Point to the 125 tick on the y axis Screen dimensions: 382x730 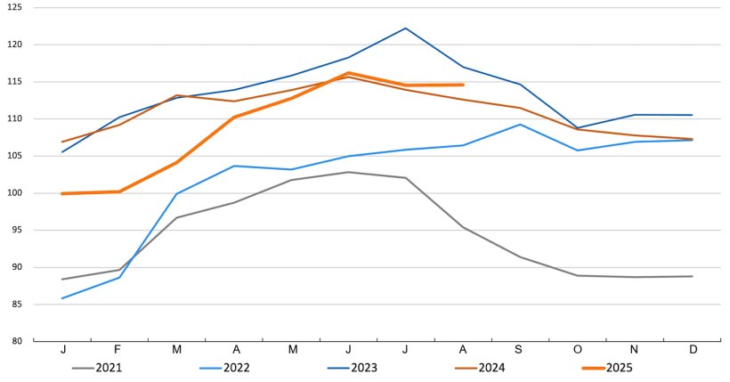pyautogui.click(x=16, y=7)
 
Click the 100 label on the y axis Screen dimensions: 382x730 pyautogui.click(x=16, y=193)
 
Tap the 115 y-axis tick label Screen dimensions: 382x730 pyautogui.click(x=16, y=82)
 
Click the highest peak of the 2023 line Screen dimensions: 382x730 pyautogui.click(x=406, y=28)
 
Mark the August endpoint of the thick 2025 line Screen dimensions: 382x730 pyautogui.click(x=463, y=85)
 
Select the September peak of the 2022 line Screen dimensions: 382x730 pyautogui.click(x=520, y=125)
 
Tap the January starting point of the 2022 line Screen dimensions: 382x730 pyautogui.click(x=62, y=298)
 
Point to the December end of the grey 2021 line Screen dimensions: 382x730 pyautogui.click(x=692, y=276)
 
